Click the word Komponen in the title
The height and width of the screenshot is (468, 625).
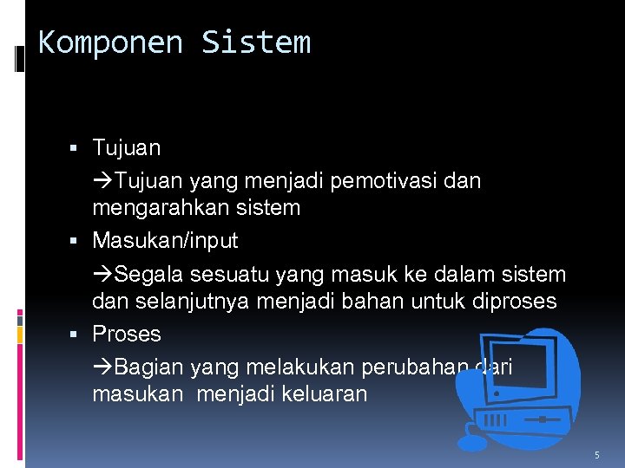coord(110,42)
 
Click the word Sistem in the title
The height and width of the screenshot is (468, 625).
coord(256,42)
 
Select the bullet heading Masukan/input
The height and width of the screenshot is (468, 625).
coord(165,240)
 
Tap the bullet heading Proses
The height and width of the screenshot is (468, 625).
coord(127,334)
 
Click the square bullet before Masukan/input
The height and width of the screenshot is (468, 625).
coord(80,240)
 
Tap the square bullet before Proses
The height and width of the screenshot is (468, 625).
coord(80,335)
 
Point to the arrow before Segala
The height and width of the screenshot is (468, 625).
coord(102,276)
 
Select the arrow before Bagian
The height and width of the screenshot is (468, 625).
coord(102,368)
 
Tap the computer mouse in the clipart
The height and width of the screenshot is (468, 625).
coord(472,442)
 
